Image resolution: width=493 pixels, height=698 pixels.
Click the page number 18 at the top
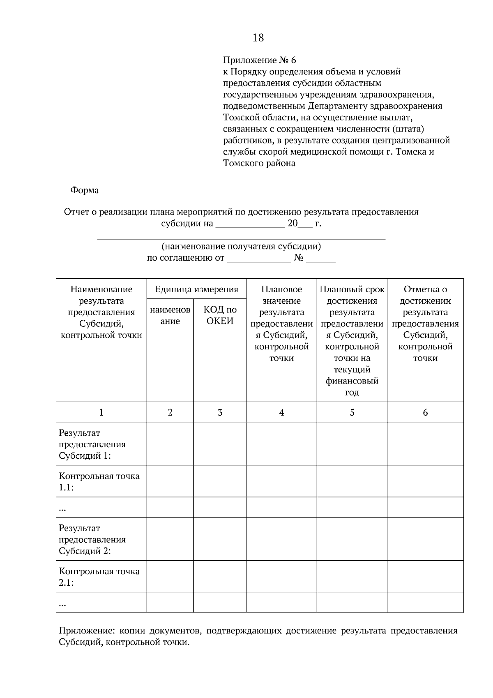pyautogui.click(x=258, y=38)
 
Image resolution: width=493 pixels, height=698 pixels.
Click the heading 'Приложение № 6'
pyautogui.click(x=259, y=60)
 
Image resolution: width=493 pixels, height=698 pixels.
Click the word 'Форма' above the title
pyautogui.click(x=84, y=190)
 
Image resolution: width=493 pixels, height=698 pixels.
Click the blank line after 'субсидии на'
pyautogui.click(x=250, y=224)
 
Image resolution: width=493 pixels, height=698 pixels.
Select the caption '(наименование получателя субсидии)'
pyautogui.click(x=241, y=247)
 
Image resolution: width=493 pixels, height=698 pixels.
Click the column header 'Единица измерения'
pyautogui.click(x=196, y=289)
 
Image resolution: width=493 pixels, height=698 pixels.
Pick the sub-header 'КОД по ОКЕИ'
pyautogui.click(x=220, y=315)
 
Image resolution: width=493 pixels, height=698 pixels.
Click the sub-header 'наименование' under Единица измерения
pyautogui.click(x=170, y=315)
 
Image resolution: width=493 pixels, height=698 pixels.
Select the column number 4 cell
pyautogui.click(x=281, y=412)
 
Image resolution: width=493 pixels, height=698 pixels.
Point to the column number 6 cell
pyautogui.click(x=425, y=412)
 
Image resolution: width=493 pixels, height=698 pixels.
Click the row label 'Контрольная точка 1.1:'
pyautogui.click(x=99, y=481)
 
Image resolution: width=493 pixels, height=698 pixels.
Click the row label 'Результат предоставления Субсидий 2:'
pyautogui.click(x=92, y=539)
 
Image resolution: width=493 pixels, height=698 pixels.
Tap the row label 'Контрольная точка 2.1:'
pyautogui.click(x=99, y=576)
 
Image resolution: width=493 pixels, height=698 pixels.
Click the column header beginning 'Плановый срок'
pyautogui.click(x=352, y=289)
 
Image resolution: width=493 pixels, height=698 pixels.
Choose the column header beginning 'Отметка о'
pyautogui.click(x=425, y=289)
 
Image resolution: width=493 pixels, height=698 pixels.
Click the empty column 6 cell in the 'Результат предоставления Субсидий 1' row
pyautogui.click(x=425, y=444)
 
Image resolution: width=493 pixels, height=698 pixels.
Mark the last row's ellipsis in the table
pyautogui.click(x=63, y=603)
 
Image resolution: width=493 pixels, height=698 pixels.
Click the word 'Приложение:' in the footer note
pyautogui.click(x=81, y=631)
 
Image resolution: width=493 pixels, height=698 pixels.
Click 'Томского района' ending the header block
pyautogui.click(x=259, y=163)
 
